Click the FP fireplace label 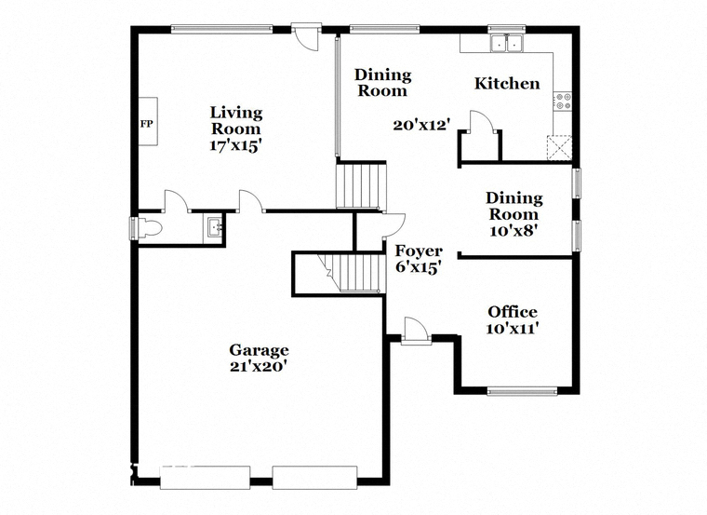tap(146, 124)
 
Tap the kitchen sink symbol tap(506, 44)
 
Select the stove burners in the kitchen tap(563, 102)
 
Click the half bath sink tap(214, 227)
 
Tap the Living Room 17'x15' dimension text tap(235, 145)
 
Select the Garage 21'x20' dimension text tap(259, 367)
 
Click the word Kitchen tap(507, 84)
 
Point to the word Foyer tap(419, 251)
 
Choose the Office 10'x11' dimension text tap(513, 328)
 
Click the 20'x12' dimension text tap(421, 125)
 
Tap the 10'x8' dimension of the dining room tap(514, 231)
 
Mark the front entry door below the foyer tap(416, 331)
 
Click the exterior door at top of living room tap(306, 37)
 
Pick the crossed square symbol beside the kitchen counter tap(560, 147)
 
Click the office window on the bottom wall tap(522, 391)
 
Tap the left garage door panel tap(205, 478)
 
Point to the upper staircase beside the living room tap(361, 186)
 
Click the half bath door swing tap(177, 201)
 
